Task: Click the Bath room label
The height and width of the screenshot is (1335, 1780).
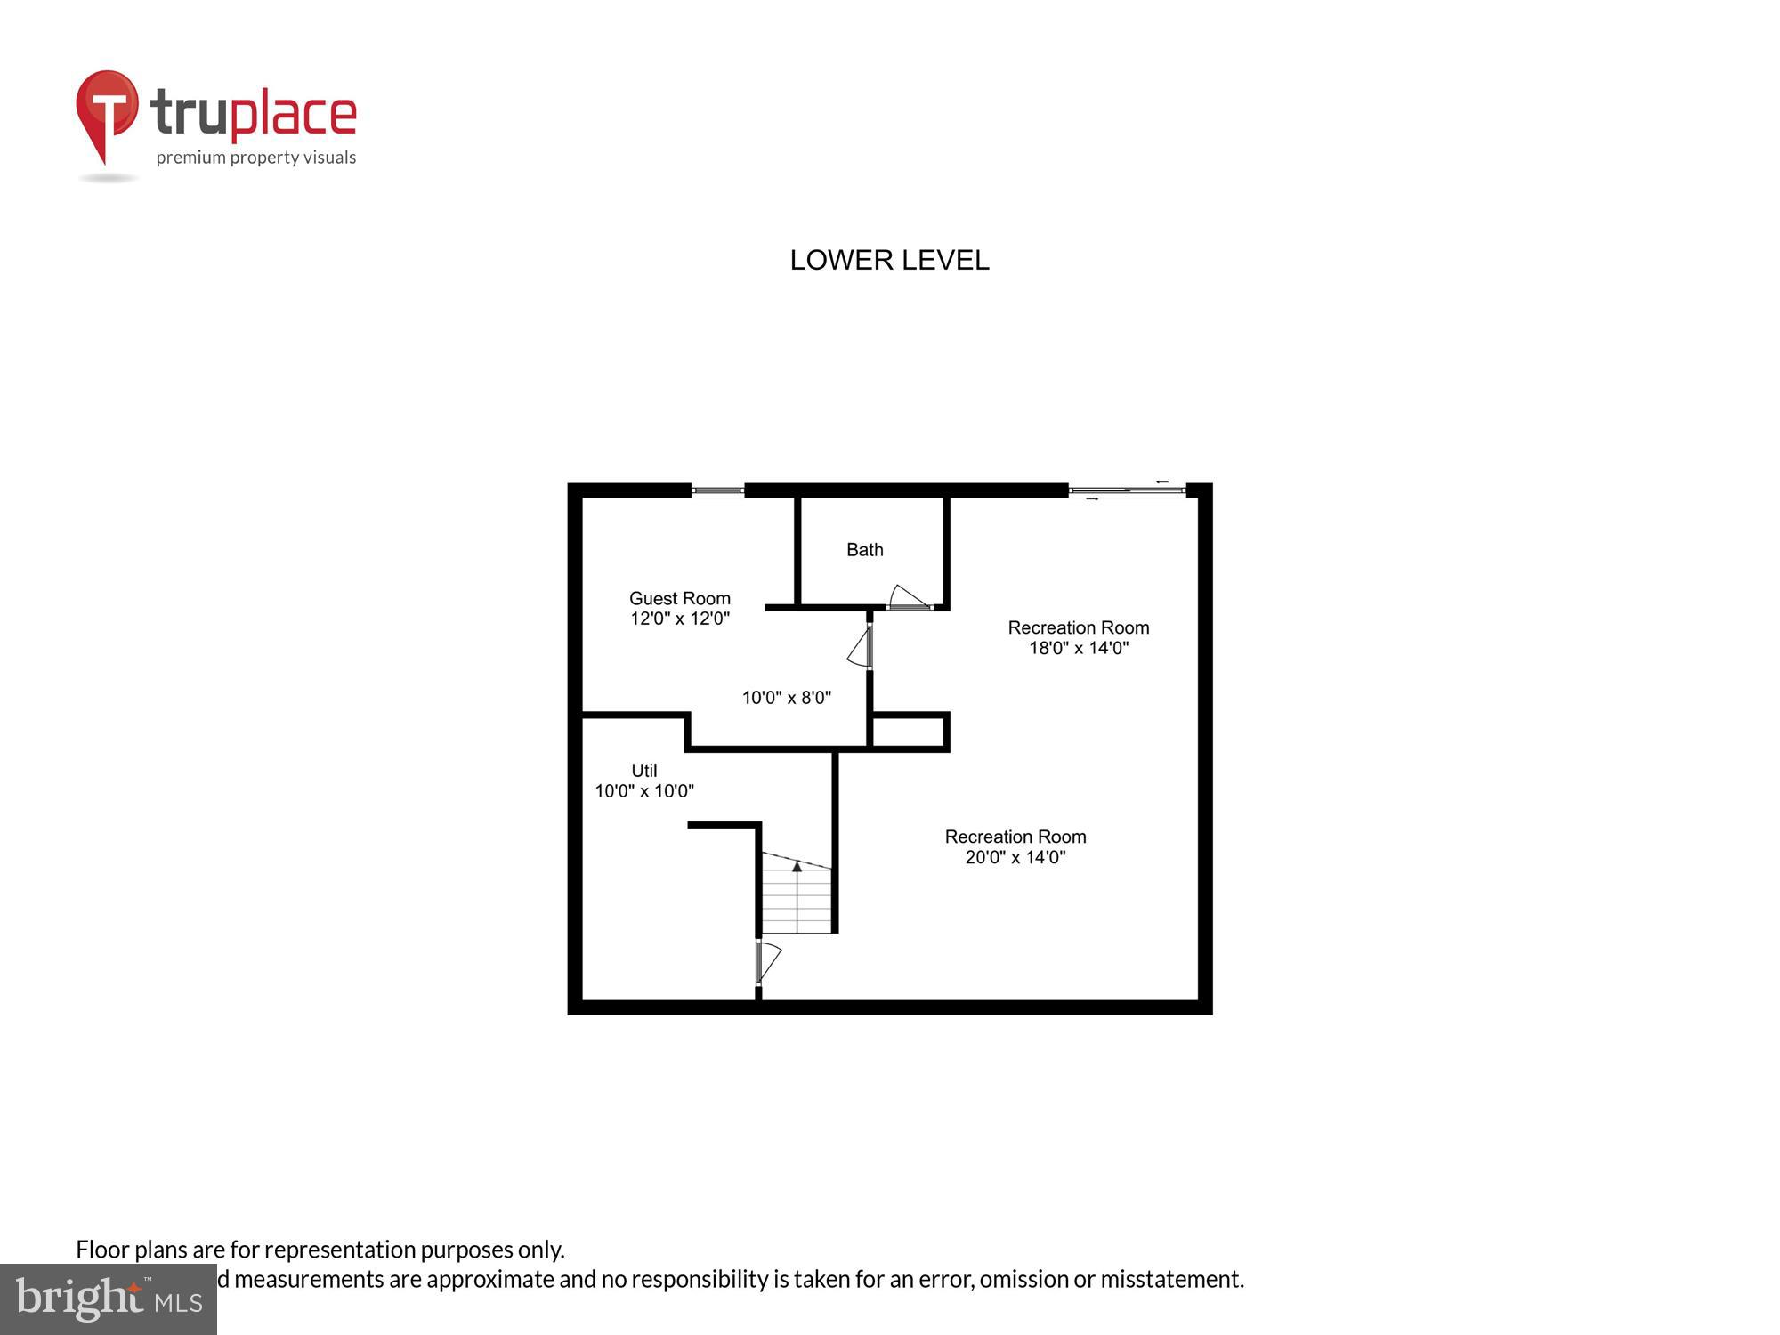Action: (x=864, y=550)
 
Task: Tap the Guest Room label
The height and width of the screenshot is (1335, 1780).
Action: (x=679, y=598)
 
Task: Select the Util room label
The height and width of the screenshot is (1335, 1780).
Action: (x=643, y=771)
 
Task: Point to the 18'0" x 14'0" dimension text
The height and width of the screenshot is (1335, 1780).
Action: (x=1079, y=648)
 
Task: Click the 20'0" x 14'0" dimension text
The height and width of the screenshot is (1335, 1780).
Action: (x=1015, y=857)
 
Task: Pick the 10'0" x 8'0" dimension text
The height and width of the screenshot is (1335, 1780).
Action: (x=787, y=698)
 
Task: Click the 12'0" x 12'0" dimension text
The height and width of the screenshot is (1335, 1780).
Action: (x=680, y=619)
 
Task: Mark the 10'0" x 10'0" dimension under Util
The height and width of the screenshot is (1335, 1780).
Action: (x=644, y=790)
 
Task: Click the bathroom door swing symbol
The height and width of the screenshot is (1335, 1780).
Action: (x=909, y=597)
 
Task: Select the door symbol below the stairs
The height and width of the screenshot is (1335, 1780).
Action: (x=766, y=962)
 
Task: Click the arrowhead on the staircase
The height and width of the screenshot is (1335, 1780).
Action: (x=797, y=865)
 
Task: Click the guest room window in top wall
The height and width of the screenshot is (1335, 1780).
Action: (x=717, y=489)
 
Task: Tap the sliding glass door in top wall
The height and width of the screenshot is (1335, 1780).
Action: (x=1127, y=489)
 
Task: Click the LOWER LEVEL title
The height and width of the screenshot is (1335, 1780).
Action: (x=889, y=260)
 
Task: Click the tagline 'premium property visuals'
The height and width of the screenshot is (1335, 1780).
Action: (x=256, y=158)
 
